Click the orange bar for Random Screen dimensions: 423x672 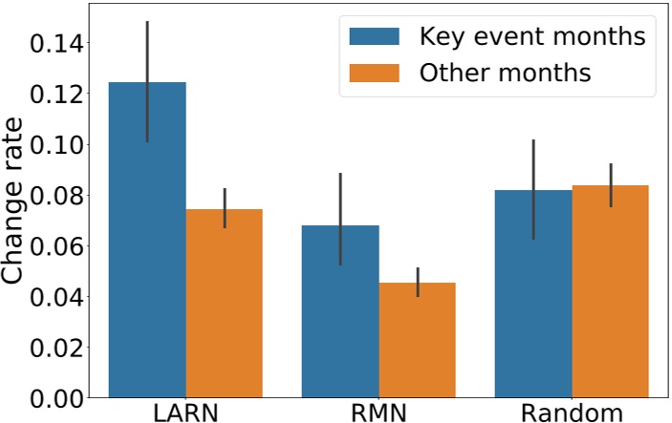pos(611,291)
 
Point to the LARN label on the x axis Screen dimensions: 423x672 pos(185,412)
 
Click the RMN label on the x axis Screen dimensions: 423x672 pos(379,412)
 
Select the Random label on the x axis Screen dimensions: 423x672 pos(572,412)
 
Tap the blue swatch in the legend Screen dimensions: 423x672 pos(375,37)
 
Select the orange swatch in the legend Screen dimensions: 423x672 pos(375,73)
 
